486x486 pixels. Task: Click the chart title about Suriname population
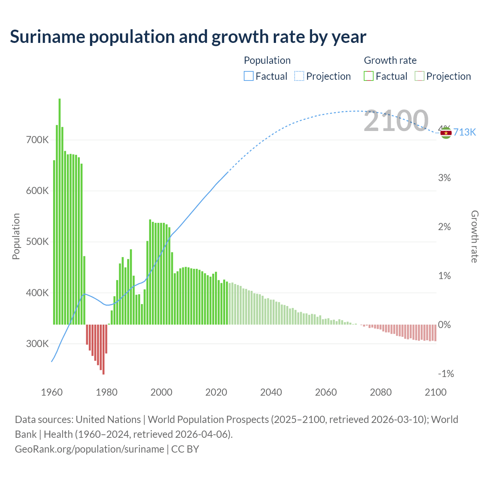pyautogui.click(x=188, y=37)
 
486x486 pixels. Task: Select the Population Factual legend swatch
pyautogui.click(x=248, y=76)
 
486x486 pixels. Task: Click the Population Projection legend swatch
pyautogui.click(x=299, y=76)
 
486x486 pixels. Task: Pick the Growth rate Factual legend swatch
pyautogui.click(x=369, y=76)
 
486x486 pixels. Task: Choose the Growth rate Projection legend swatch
pyautogui.click(x=419, y=76)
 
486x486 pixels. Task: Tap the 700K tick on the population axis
pyautogui.click(x=37, y=140)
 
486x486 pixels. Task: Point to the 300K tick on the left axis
pyautogui.click(x=37, y=344)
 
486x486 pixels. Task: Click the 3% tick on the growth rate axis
pyautogui.click(x=444, y=178)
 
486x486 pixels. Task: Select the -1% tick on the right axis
pyautogui.click(x=446, y=374)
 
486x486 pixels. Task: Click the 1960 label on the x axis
pyautogui.click(x=52, y=392)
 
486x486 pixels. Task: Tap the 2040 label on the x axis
pyautogui.click(x=271, y=392)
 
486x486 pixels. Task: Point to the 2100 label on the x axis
pyautogui.click(x=436, y=392)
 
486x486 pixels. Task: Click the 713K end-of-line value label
pyautogui.click(x=464, y=132)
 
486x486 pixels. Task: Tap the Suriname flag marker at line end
pyautogui.click(x=446, y=133)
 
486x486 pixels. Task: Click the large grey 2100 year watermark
pyautogui.click(x=396, y=121)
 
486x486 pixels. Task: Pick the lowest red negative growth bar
pyautogui.click(x=103, y=349)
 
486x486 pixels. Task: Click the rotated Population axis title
pyautogui.click(x=16, y=236)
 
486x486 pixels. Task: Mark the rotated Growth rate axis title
pyautogui.click(x=474, y=236)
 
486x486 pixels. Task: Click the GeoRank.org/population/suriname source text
pyautogui.click(x=89, y=449)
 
